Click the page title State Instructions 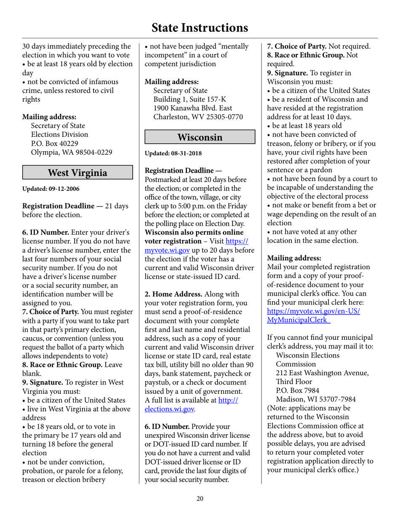click(x=200, y=28)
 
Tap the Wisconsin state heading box click(x=200, y=137)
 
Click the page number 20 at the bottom click(x=200, y=499)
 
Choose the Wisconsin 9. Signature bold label click(x=289, y=72)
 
